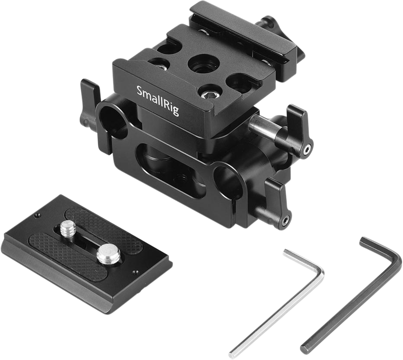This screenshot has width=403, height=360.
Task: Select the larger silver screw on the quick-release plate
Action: tap(108, 252)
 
